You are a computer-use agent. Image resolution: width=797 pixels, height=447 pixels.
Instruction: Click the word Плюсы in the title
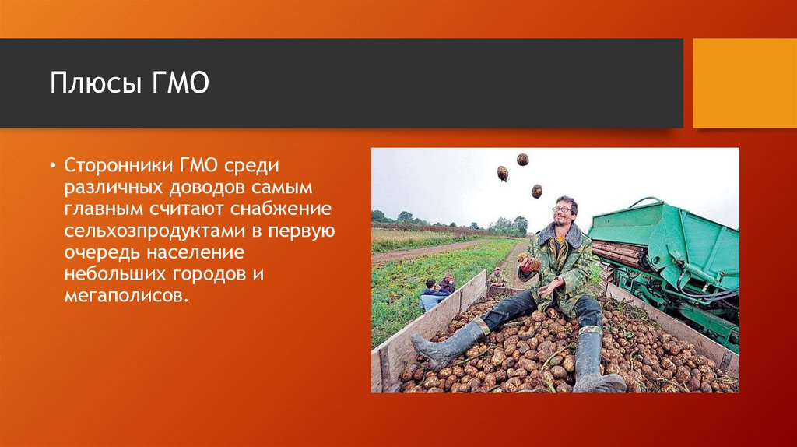[96, 83]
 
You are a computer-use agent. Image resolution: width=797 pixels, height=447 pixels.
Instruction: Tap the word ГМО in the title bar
[181, 83]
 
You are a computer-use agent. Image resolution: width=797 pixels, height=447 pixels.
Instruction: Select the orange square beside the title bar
[745, 83]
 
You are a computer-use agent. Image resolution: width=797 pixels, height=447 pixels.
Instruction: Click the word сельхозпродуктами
[155, 231]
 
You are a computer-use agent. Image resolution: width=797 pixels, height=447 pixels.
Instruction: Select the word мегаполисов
[126, 295]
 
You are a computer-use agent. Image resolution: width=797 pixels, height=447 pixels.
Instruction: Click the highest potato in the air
[522, 160]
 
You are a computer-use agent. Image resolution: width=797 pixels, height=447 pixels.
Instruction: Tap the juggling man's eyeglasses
[564, 209]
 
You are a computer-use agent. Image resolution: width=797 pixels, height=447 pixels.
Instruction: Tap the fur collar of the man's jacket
[559, 234]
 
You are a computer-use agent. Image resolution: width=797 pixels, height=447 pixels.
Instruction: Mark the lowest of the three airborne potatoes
[537, 192]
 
